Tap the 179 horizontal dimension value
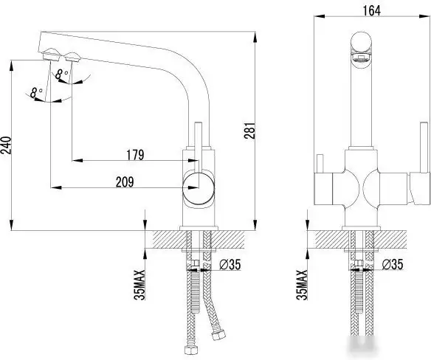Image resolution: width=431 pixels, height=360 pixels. coord(134,155)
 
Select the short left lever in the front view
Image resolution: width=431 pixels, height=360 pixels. coord(320,165)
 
